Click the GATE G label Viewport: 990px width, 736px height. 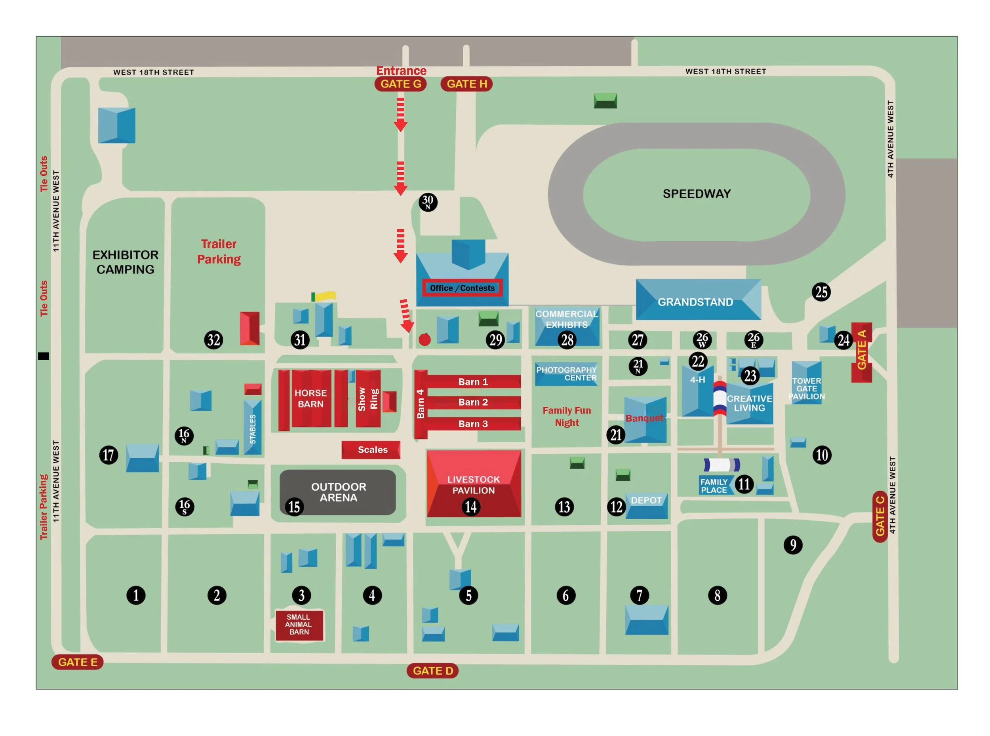click(400, 84)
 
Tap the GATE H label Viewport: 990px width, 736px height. click(466, 84)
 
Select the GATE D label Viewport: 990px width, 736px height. click(432, 670)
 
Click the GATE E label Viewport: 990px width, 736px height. click(78, 662)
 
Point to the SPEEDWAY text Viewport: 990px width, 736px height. click(696, 194)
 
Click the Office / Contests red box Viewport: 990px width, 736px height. click(462, 288)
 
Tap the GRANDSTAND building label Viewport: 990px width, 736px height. click(695, 302)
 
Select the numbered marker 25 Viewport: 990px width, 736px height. click(821, 292)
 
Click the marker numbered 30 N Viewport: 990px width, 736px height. click(427, 202)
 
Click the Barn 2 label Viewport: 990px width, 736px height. click(472, 402)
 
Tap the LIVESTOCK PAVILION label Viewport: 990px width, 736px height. click(473, 485)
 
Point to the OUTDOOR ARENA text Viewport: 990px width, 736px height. click(338, 492)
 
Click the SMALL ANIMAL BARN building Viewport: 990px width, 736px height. click(299, 625)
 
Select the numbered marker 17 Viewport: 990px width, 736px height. click(109, 455)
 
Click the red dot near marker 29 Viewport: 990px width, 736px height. click(425, 340)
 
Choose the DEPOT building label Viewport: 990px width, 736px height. click(646, 500)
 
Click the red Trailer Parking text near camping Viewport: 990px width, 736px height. click(219, 251)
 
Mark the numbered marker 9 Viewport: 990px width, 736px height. click(792, 544)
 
